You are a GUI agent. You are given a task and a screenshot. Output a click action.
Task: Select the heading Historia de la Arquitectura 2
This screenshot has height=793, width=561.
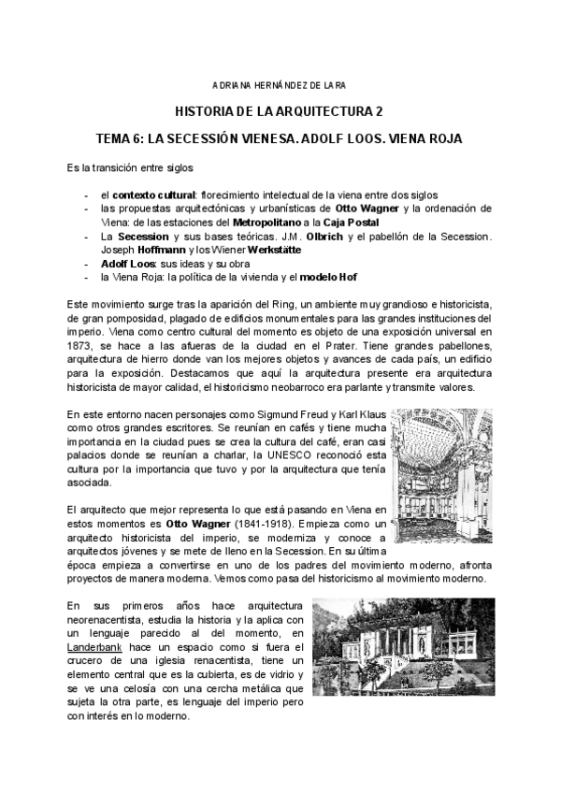point(280,111)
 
